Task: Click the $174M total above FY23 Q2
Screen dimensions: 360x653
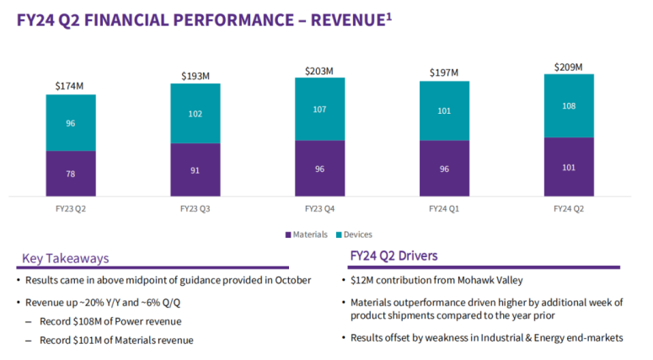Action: (x=71, y=85)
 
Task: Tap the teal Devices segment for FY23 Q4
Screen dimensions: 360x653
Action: (x=319, y=109)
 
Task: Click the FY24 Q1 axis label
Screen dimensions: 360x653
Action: (x=443, y=207)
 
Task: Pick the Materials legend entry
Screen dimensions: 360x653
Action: (x=308, y=234)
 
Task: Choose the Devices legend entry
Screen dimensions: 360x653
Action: (x=353, y=234)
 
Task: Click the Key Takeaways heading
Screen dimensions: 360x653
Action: (x=65, y=258)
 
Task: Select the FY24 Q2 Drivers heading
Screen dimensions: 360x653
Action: (x=393, y=255)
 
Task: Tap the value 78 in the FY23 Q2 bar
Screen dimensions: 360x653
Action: (x=71, y=174)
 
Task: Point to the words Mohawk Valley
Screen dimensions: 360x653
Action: (x=473, y=280)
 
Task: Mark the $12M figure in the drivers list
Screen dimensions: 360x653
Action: (x=363, y=280)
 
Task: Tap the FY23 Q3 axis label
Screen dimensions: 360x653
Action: (x=195, y=207)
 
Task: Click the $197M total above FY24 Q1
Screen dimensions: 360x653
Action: (x=443, y=73)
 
